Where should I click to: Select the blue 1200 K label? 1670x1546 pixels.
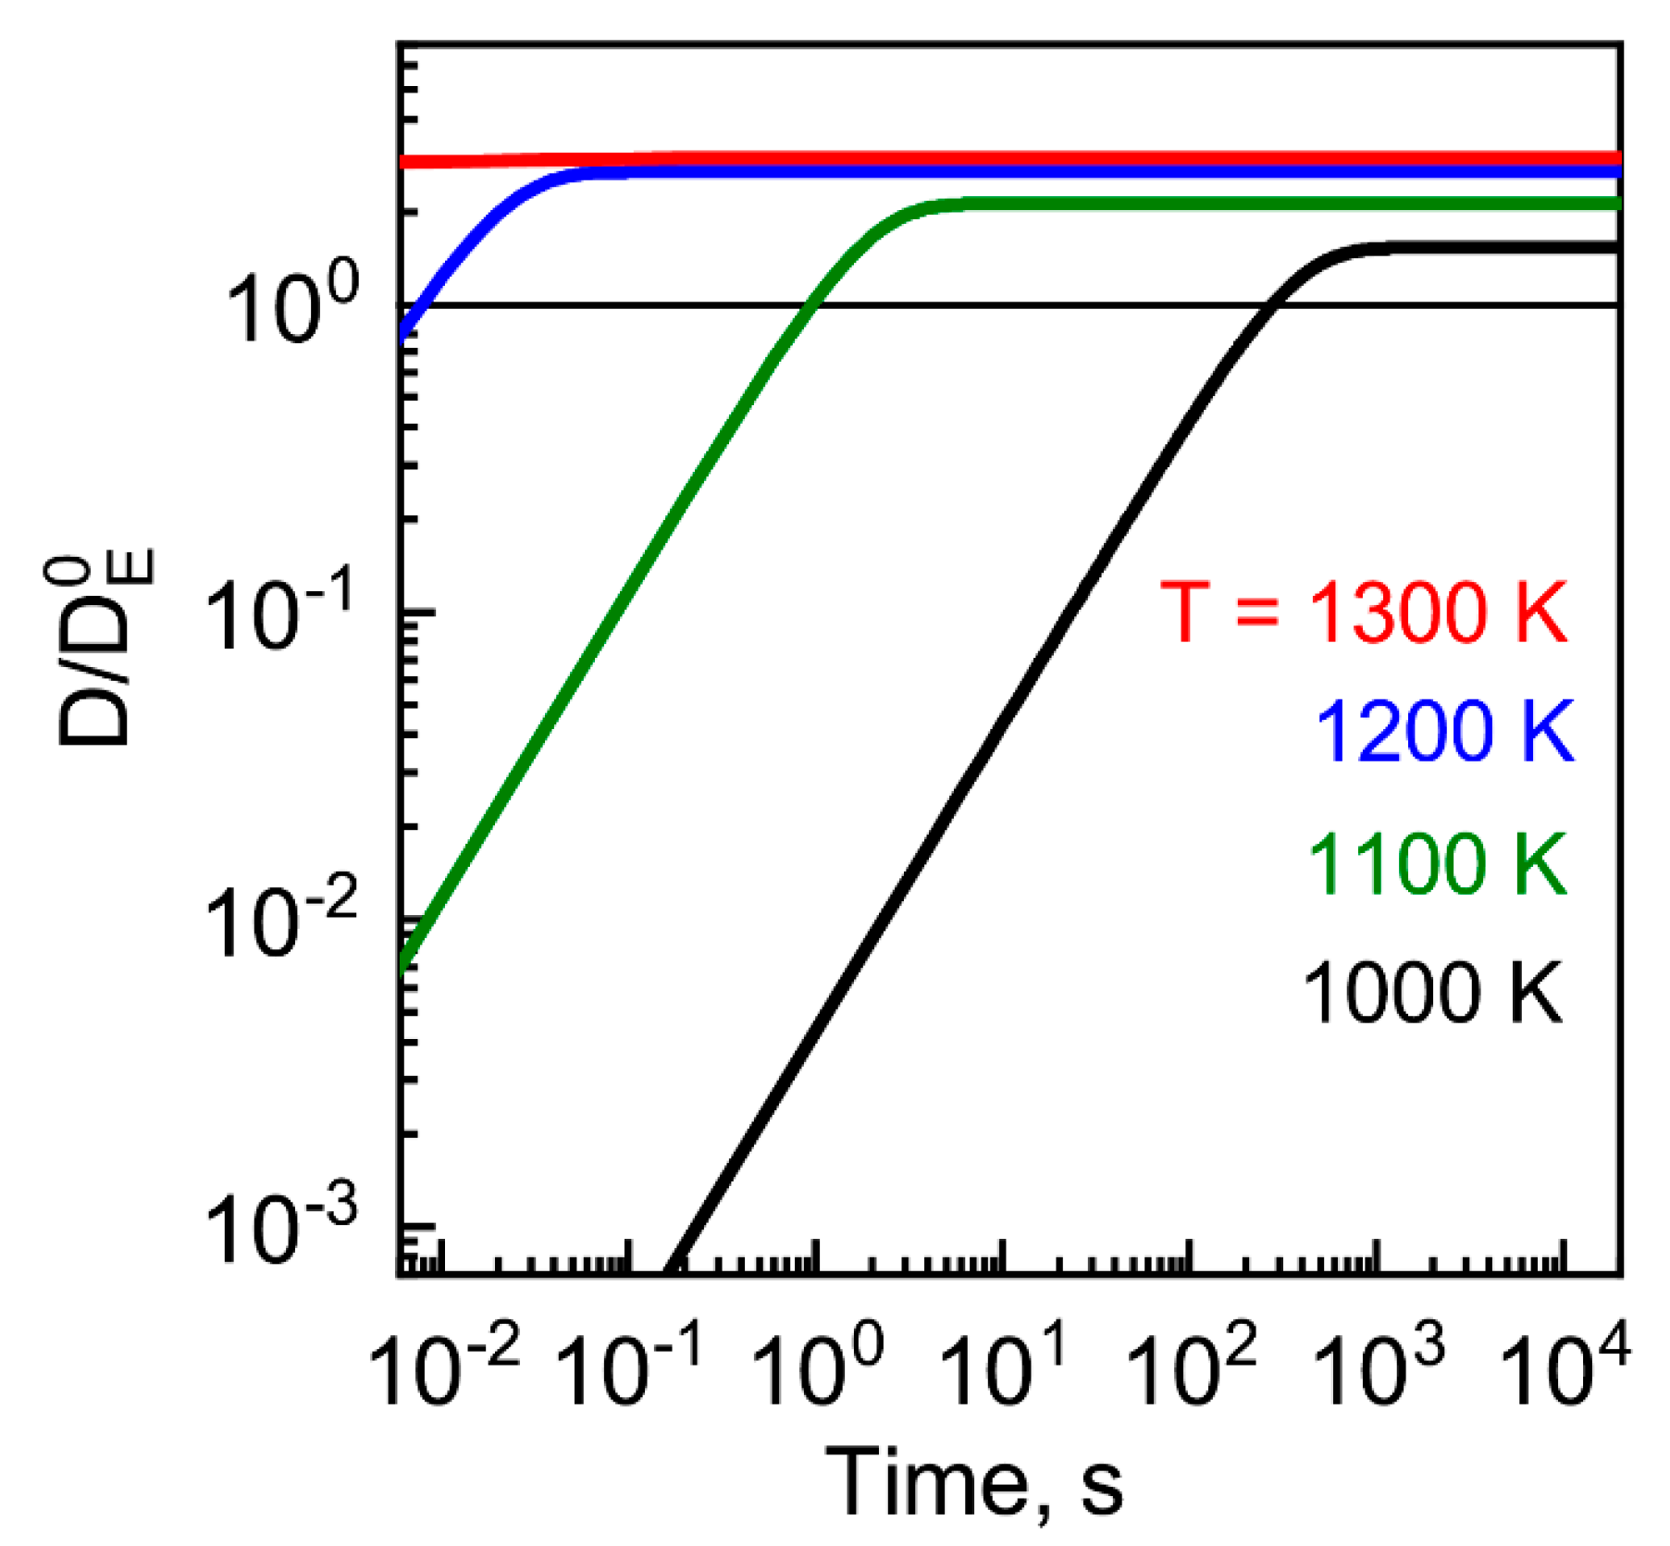point(1443,731)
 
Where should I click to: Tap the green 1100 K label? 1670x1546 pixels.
point(1437,864)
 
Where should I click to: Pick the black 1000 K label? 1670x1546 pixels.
point(1432,993)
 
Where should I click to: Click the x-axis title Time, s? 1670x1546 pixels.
point(974,1482)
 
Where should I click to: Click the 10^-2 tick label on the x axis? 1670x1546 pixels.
point(444,1369)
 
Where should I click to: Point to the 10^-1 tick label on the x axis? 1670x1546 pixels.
point(632,1369)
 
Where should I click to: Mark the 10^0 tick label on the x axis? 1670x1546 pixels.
point(817,1369)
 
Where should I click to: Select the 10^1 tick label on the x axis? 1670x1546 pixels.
point(1004,1369)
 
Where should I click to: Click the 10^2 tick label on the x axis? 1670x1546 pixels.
point(1191,1369)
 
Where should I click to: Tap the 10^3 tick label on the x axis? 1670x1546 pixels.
point(1379,1369)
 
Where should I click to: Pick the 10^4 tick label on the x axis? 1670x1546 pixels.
point(1564,1369)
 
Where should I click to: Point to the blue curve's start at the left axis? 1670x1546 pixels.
point(403,335)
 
